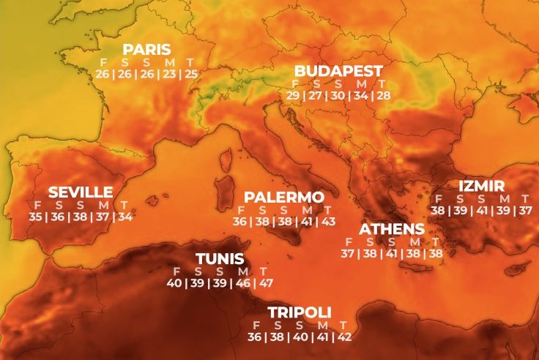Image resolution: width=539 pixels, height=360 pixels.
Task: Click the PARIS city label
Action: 146,50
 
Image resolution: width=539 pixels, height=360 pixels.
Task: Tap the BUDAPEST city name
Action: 338,71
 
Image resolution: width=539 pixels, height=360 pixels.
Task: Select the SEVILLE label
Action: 81,192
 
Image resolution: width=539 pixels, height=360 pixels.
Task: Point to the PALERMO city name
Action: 283,198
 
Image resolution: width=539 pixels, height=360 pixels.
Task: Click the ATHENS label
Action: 392,229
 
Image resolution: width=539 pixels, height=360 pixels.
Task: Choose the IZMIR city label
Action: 481,186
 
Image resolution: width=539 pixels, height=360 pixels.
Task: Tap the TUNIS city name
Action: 220,259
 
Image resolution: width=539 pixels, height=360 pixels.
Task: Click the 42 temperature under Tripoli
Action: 343,337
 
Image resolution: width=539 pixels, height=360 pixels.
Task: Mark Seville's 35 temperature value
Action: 36,216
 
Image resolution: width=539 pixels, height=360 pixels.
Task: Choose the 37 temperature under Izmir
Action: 525,211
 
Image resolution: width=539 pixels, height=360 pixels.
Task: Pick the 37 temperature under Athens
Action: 348,253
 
